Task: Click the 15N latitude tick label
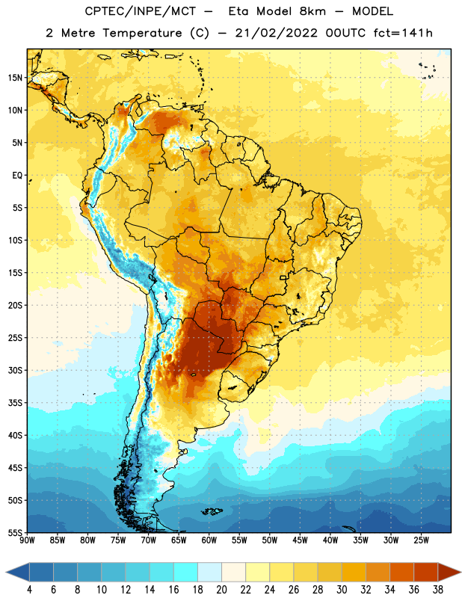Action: [15, 78]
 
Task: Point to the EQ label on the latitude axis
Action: [17, 176]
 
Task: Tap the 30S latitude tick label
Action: [15, 370]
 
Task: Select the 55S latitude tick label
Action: [15, 533]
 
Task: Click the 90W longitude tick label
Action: [27, 540]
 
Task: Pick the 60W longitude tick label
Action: [209, 540]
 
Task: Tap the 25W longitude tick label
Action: [421, 540]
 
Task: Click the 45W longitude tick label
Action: [300, 540]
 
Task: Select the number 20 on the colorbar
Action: [221, 590]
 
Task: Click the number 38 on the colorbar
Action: [438, 590]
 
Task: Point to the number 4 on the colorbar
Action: [29, 590]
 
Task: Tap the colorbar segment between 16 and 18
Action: [186, 572]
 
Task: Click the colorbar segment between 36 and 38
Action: [426, 572]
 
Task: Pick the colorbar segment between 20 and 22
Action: [234, 572]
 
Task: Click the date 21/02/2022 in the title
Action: [276, 33]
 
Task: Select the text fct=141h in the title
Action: [403, 33]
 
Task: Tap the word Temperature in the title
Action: [142, 33]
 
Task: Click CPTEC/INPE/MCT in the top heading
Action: [141, 11]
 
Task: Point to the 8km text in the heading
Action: [312, 11]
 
